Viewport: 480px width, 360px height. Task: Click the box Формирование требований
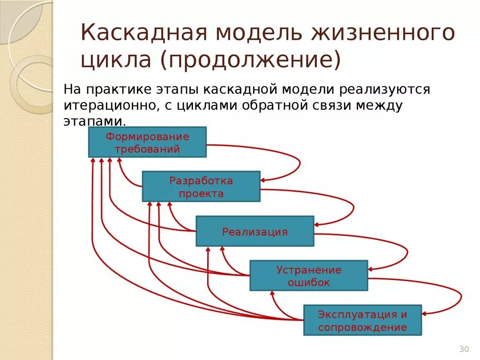coord(147,142)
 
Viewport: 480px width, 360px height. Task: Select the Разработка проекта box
coord(201,187)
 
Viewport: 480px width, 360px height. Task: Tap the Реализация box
coord(255,231)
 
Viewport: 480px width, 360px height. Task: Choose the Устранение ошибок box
coord(308,276)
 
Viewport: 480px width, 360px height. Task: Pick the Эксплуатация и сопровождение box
coord(362,320)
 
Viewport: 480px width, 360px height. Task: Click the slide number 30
coord(464,349)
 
